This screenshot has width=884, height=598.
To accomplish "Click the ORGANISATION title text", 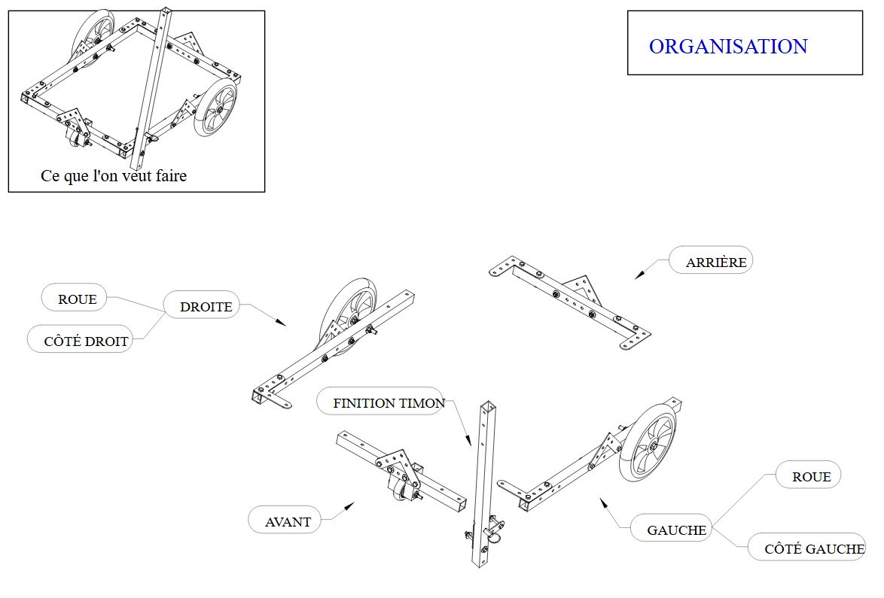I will click(727, 47).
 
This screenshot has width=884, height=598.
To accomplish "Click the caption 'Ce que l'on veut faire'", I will click(114, 176).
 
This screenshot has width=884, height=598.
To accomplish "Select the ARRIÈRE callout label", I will click(715, 263).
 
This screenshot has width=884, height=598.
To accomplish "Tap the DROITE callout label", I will click(206, 306).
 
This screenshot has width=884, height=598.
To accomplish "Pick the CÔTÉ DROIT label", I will click(86, 341).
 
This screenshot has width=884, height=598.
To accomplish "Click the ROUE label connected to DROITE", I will click(77, 299).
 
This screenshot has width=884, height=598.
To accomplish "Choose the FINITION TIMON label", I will click(389, 403).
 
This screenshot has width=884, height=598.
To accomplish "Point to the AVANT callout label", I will click(288, 521).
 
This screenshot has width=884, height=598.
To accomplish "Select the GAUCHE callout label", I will click(676, 530).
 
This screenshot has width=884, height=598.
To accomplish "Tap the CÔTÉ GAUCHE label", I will click(814, 549).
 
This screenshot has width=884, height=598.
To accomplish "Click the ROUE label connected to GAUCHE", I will click(811, 477).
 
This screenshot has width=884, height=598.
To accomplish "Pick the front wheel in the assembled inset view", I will click(216, 109).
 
